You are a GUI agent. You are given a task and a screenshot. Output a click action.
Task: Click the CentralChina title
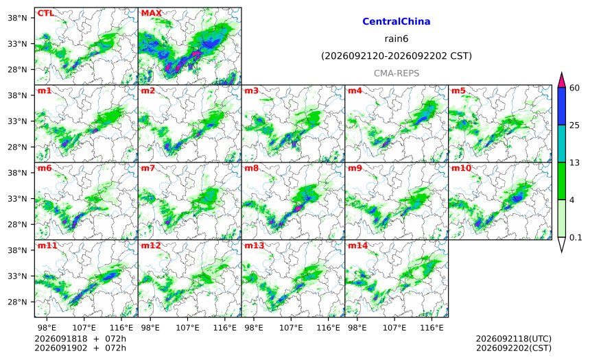pyautogui.click(x=397, y=21)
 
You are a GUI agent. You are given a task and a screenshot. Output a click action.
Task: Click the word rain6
pyautogui.click(x=397, y=39)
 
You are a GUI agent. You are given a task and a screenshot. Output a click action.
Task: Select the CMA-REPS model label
pyautogui.click(x=397, y=73)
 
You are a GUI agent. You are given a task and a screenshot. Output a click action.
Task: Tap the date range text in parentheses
pyautogui.click(x=397, y=56)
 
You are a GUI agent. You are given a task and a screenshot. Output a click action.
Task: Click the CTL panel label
pyautogui.click(x=45, y=13)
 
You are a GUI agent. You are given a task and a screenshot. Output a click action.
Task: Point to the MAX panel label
pyautogui.click(x=151, y=13)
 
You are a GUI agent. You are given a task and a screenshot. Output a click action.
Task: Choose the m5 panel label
pyautogui.click(x=458, y=91)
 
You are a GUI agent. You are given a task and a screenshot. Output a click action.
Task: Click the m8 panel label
pyautogui.click(x=252, y=168)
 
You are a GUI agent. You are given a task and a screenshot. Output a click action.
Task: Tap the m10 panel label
pyautogui.click(x=461, y=168)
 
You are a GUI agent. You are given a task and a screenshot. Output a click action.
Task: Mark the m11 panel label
pyautogui.click(x=47, y=245)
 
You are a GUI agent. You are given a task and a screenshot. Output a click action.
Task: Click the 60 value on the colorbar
pyautogui.click(x=575, y=88)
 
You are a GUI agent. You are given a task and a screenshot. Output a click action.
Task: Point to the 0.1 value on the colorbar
pyautogui.click(x=576, y=237)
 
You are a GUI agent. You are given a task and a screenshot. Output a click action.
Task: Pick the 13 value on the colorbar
pyautogui.click(x=575, y=163)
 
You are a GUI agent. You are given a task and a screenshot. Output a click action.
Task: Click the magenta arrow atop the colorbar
pyautogui.click(x=562, y=80)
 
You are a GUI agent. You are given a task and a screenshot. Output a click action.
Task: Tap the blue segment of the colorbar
pyautogui.click(x=562, y=106)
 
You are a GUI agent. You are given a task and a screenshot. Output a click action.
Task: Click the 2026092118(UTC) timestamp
pyautogui.click(x=514, y=339)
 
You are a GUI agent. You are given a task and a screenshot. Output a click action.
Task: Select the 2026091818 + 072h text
pyautogui.click(x=80, y=339)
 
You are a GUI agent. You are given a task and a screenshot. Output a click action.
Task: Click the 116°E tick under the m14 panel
pyautogui.click(x=432, y=328)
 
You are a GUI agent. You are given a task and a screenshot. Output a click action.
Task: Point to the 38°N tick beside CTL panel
pyautogui.click(x=18, y=18)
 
